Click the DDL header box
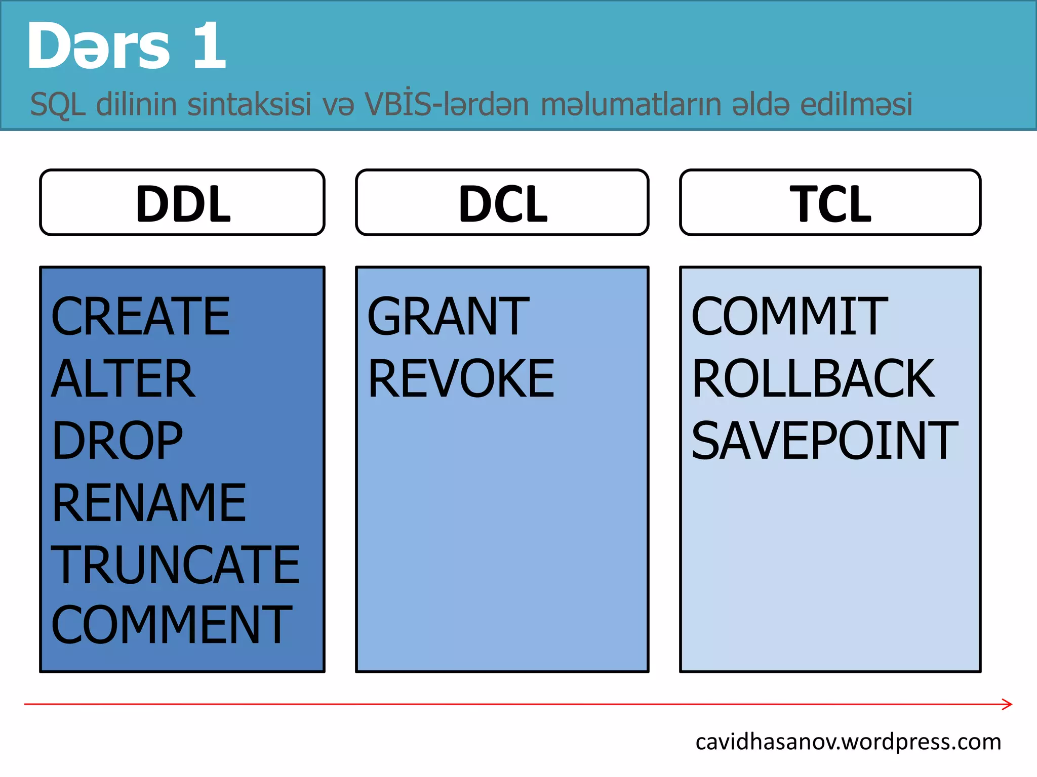pos(182,202)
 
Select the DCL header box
pos(502,202)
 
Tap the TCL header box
pos(830,202)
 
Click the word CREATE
pos(141,317)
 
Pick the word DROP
pos(117,441)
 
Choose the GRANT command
pos(448,317)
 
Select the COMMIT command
pos(789,317)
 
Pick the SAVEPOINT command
pos(825,441)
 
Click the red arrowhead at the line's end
pos(1008,704)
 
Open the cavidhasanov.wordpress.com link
pos(848,742)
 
